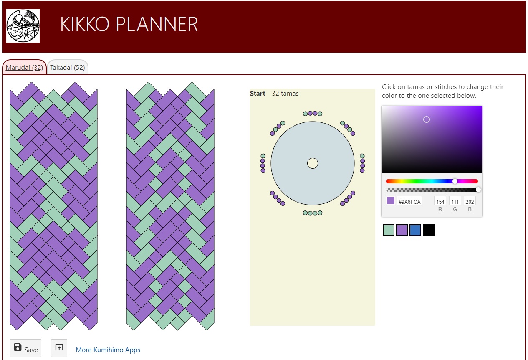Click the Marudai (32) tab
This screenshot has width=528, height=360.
tap(24, 68)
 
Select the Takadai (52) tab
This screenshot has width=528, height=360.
tap(68, 68)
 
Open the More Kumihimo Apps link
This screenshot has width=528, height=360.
tap(108, 350)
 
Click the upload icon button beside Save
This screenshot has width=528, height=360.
tap(59, 348)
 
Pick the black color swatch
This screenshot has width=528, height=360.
tap(429, 230)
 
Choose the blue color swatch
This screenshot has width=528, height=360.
tap(415, 230)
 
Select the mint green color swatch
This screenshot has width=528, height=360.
tap(389, 230)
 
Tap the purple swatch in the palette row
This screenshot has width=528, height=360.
tap(402, 230)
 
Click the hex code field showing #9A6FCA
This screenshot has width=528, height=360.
tap(409, 202)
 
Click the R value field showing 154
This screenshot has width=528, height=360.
tap(440, 202)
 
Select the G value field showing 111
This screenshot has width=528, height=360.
tap(455, 202)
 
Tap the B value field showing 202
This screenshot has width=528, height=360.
tap(470, 202)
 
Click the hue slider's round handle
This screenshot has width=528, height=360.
tap(455, 181)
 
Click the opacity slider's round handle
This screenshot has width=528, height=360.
tap(478, 190)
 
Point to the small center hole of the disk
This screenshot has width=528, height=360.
tap(313, 163)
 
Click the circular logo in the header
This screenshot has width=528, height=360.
tap(23, 26)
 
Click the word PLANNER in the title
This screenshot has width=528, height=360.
tap(157, 24)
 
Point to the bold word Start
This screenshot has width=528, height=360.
tap(258, 94)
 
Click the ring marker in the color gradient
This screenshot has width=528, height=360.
tap(427, 119)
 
